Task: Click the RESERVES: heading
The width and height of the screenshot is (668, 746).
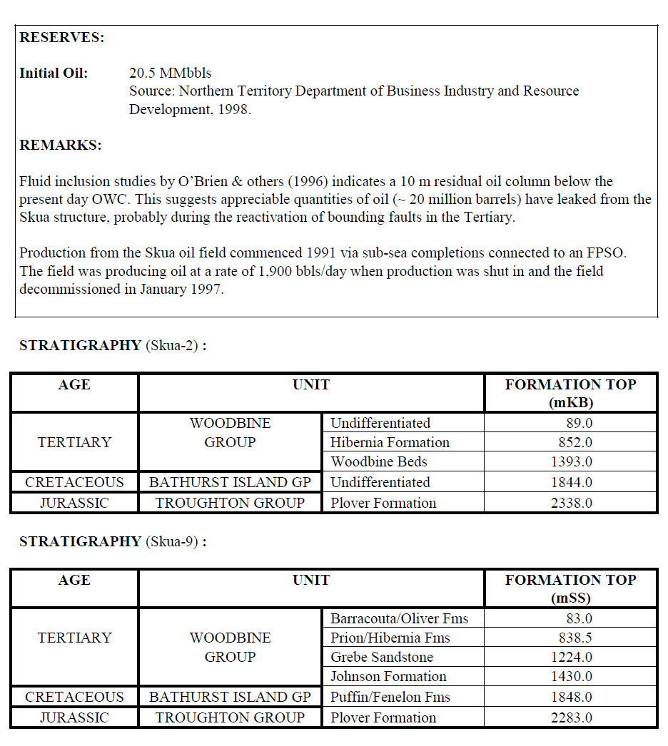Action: pyautogui.click(x=62, y=38)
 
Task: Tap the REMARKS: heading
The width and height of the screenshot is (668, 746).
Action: pyautogui.click(x=61, y=145)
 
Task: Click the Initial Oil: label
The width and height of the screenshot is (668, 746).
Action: pyautogui.click(x=54, y=73)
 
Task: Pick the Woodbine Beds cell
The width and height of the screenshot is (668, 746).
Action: pyautogui.click(x=379, y=461)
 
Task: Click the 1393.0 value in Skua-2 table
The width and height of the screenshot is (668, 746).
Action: pyautogui.click(x=572, y=461)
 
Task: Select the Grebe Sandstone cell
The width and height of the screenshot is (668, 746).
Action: pyautogui.click(x=381, y=657)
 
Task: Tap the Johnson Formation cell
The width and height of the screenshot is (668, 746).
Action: pyautogui.click(x=388, y=676)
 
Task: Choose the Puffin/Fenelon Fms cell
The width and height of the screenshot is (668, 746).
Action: pyautogui.click(x=390, y=697)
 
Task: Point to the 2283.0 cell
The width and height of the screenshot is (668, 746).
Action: pyautogui.click(x=572, y=717)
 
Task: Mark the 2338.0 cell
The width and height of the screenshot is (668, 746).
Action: pyautogui.click(x=572, y=503)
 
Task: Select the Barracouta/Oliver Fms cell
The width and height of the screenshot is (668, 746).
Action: pyautogui.click(x=399, y=618)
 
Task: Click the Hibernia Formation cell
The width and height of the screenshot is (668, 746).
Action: pyautogui.click(x=390, y=442)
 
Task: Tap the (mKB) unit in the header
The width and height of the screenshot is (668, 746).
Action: pyautogui.click(x=571, y=402)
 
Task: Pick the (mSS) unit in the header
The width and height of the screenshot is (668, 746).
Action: pyautogui.click(x=571, y=598)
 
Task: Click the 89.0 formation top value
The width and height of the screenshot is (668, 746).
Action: pyautogui.click(x=579, y=423)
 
